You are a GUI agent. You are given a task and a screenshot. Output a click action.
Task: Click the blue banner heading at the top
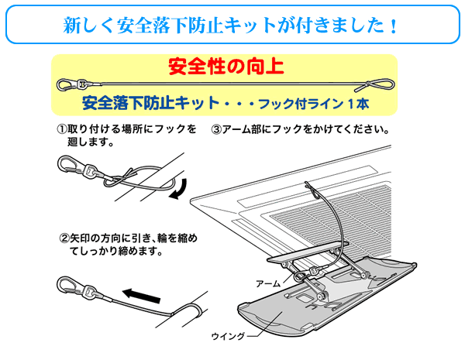click(232, 25)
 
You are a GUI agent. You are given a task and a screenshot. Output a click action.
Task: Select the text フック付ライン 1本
click(311, 101)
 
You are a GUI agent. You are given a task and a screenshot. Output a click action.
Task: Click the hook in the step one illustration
click(69, 163)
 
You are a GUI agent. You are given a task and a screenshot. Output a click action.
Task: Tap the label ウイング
click(228, 335)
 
